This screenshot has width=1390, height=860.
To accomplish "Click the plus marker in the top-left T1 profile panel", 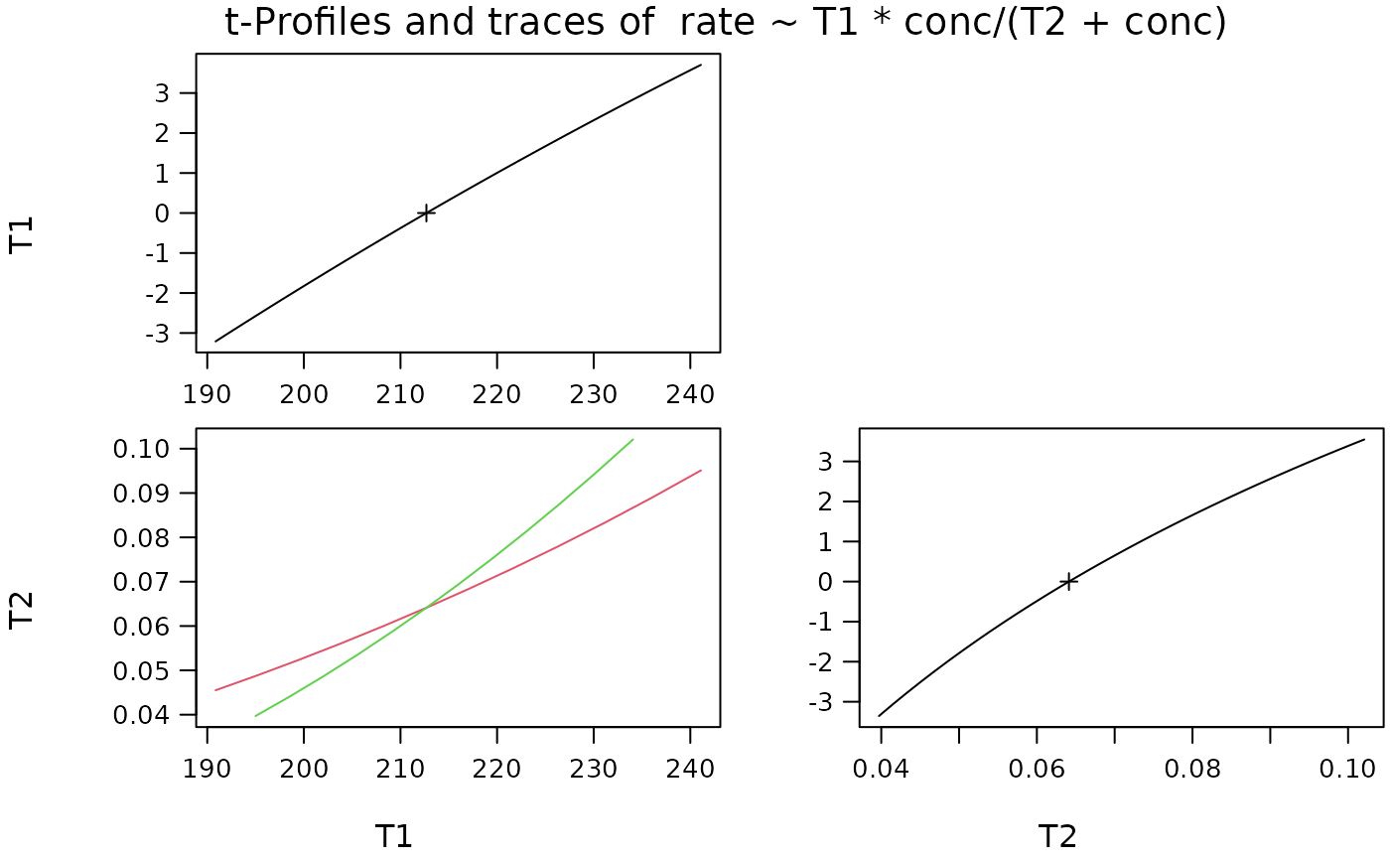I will click(426, 213).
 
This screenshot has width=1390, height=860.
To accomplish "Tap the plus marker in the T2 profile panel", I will click(1068, 581).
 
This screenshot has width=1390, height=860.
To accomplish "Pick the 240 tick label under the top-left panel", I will click(690, 393).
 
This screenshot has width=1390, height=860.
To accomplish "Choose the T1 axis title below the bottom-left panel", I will click(393, 836).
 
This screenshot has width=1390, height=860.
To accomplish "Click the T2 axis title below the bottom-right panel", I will click(1057, 836).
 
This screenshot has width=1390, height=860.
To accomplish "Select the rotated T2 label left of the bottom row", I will click(22, 610).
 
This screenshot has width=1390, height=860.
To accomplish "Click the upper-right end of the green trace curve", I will click(632, 439).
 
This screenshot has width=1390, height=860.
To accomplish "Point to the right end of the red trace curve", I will click(701, 471).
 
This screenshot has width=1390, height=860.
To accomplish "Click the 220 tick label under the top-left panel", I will click(497, 393).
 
